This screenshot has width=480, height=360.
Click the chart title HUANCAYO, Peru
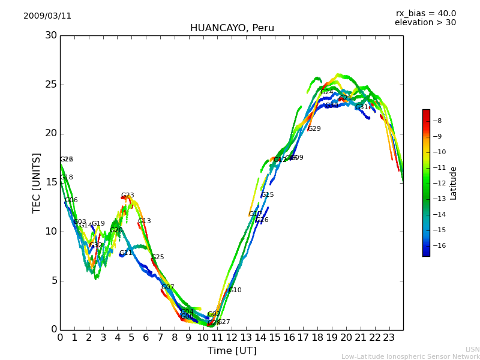tap(232, 28)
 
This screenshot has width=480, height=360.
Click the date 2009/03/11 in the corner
tap(47, 16)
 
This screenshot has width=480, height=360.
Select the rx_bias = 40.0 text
tap(425, 13)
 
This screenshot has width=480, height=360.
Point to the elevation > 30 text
tap(425, 23)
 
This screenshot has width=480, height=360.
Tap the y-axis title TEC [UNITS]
tap(37, 182)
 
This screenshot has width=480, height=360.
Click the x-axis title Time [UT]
tap(232, 350)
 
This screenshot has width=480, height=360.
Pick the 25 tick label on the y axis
tap(51, 85)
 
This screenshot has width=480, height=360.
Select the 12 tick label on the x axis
tap(232, 338)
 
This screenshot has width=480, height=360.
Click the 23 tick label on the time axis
tap(389, 338)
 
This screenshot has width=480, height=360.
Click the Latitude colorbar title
tap(454, 183)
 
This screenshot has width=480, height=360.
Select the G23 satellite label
tap(128, 196)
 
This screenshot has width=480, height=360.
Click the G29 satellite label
tap(314, 129)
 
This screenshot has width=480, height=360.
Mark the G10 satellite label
tap(235, 290)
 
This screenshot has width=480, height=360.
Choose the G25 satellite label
tap(158, 257)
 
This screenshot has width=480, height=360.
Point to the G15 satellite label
tap(268, 195)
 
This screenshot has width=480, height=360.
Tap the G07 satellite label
tap(168, 287)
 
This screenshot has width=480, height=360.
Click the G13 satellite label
tap(145, 221)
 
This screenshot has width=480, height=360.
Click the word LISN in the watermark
tap(472, 349)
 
